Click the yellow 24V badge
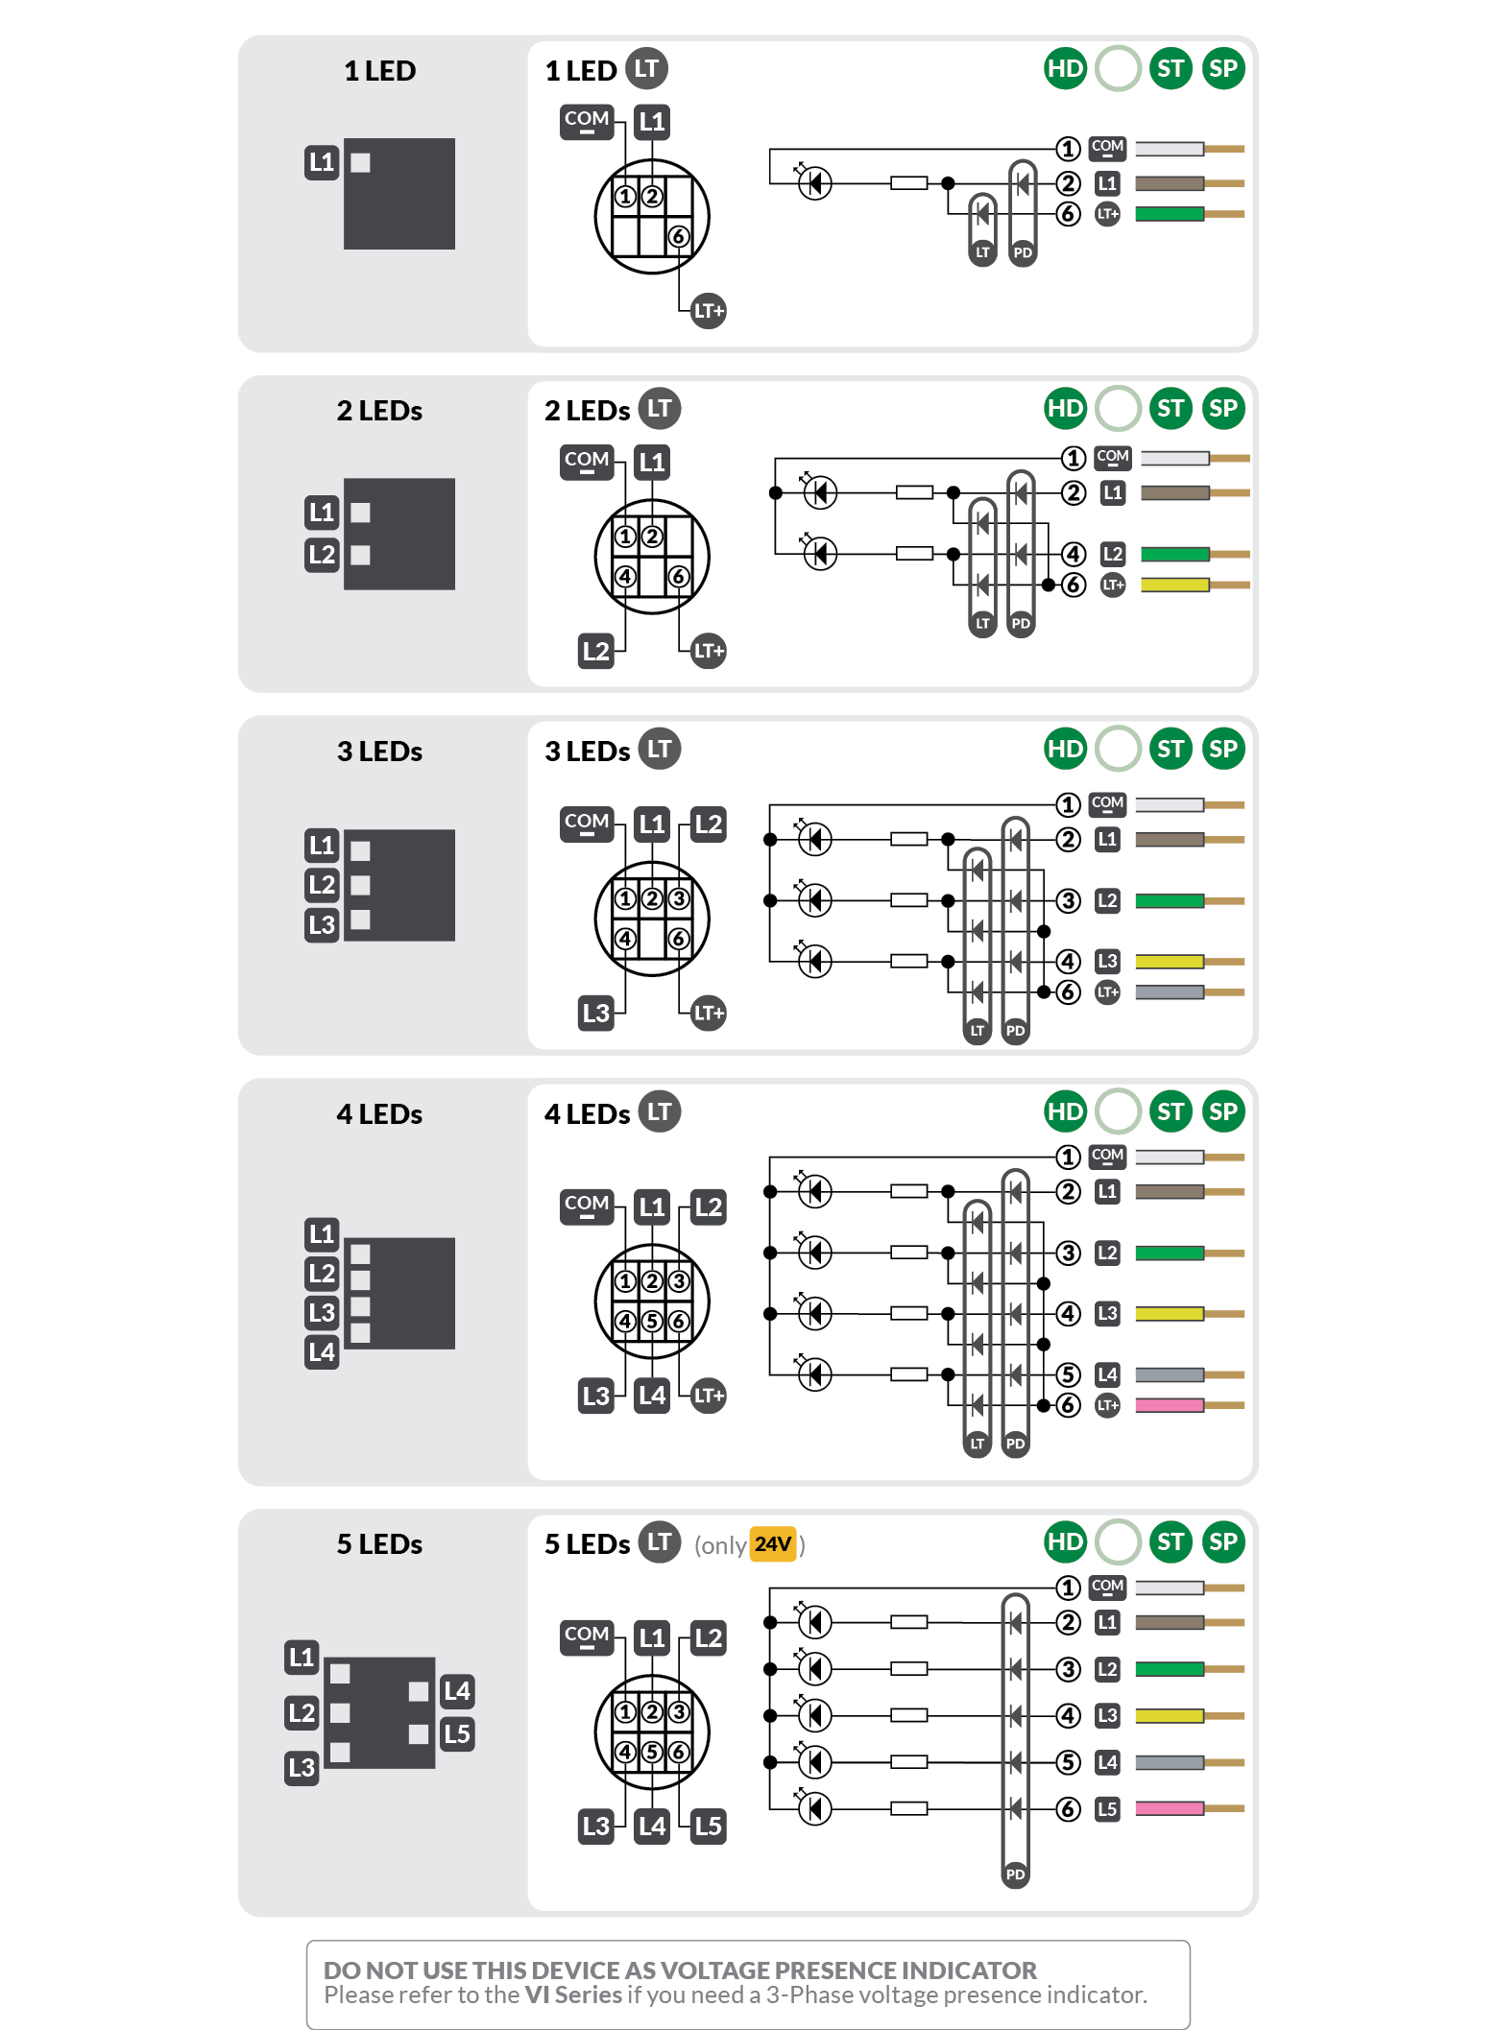773,1544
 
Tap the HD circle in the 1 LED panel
1065,69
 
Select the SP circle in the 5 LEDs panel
1222,1541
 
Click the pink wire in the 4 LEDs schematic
1169,1405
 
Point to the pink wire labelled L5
1169,1808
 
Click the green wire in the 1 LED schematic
1169,214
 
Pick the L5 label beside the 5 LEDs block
457,1733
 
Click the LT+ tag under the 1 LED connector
709,311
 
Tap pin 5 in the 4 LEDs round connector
652,1322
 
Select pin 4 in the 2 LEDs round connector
625,577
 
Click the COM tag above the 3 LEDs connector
587,823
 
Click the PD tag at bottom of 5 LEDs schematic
1015,1874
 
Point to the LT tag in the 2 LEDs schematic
982,623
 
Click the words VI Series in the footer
573,1994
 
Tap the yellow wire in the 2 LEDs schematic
1174,585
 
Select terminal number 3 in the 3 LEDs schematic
1068,901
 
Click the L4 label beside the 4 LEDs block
322,1352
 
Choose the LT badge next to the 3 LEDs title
660,749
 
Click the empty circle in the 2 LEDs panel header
1118,409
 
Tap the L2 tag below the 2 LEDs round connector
595,651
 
